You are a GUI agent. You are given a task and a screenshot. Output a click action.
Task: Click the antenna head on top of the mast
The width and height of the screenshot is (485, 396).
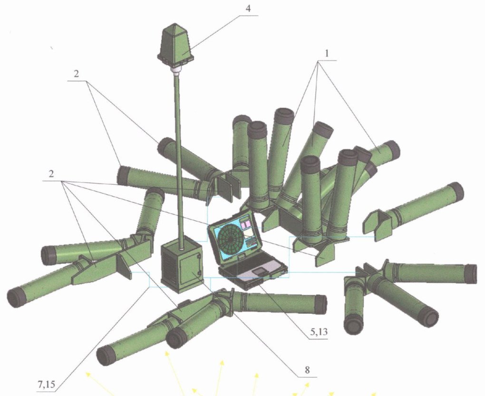pos(176,45)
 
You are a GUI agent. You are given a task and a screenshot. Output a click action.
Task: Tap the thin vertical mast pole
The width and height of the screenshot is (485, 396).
pos(181,157)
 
